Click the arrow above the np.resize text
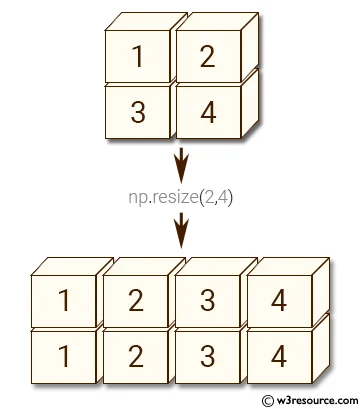pyautogui.click(x=180, y=163)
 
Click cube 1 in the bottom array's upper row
pyautogui.click(x=64, y=298)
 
